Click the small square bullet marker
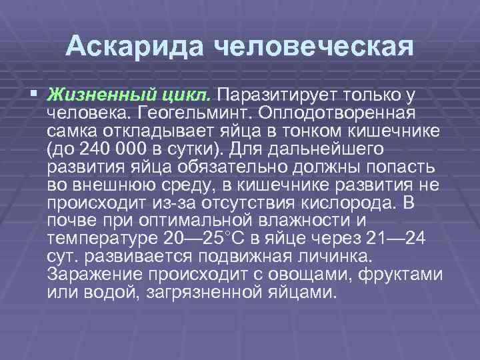tap(34, 92)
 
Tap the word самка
tap(75, 127)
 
